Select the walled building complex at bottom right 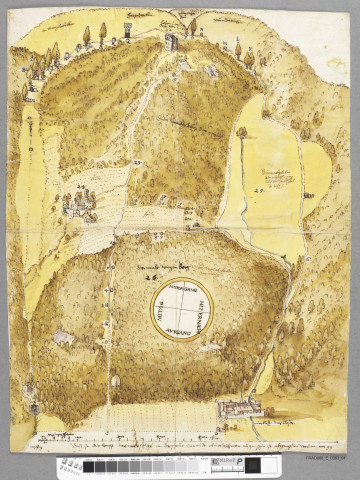[x=240, y=407]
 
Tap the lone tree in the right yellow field [x=242, y=131]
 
